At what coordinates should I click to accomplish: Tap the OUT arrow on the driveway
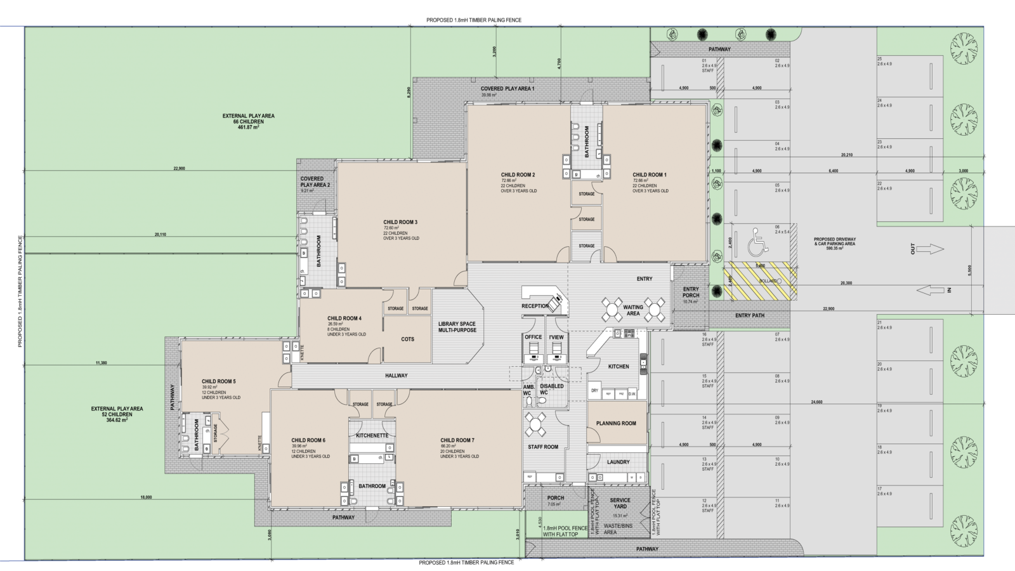[x=931, y=249]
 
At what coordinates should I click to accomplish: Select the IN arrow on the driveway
[x=931, y=290]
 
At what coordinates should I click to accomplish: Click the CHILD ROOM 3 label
[x=400, y=222]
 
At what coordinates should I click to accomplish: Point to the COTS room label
[x=407, y=339]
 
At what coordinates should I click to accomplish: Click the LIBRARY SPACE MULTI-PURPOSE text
[x=457, y=327]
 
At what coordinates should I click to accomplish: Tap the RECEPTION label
[x=535, y=306]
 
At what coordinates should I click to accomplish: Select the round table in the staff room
[x=535, y=424]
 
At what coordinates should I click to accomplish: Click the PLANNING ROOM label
[x=616, y=423]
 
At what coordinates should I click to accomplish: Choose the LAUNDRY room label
[x=618, y=462]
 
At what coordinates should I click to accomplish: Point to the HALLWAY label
[x=396, y=376]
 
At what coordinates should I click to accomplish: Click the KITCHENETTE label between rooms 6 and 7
[x=372, y=436]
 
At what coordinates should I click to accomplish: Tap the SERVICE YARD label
[x=620, y=503]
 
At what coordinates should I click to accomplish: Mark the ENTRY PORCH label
[x=691, y=292]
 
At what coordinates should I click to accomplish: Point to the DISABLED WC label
[x=551, y=389]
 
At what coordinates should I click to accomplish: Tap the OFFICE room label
[x=534, y=337]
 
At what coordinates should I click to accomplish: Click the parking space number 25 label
[x=880, y=59]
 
